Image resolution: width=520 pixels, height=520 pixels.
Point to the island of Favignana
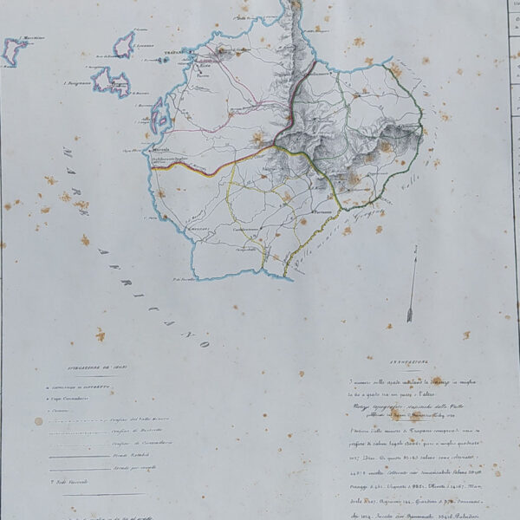tap(111, 82)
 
